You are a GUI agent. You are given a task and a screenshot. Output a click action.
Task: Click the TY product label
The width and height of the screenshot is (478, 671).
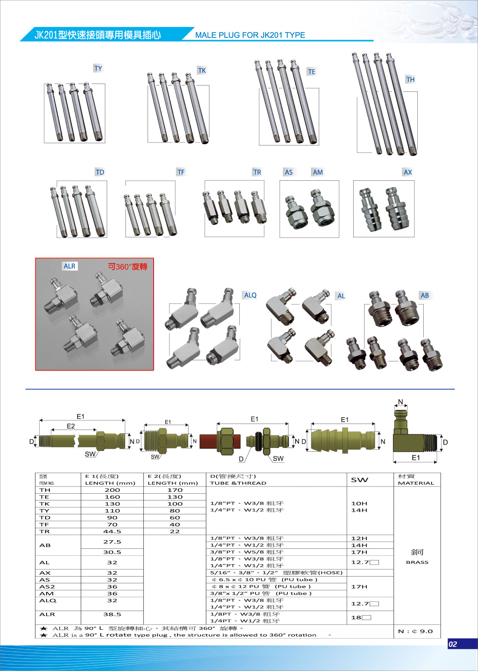tap(98, 68)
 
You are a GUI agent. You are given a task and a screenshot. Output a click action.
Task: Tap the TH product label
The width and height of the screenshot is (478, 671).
tap(411, 79)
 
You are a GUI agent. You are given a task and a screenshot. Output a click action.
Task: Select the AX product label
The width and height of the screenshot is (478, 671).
tap(408, 172)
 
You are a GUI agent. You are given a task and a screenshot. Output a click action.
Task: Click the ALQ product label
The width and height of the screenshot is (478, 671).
tap(250, 295)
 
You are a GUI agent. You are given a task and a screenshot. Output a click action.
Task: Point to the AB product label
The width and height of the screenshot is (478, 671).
tap(424, 295)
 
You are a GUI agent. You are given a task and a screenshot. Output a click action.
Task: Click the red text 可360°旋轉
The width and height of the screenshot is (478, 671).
tap(128, 267)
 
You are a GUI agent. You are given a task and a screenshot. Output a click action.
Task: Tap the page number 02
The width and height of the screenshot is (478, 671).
tap(453, 644)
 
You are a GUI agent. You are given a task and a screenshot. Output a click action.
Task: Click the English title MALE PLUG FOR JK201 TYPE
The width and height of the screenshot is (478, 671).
tap(250, 35)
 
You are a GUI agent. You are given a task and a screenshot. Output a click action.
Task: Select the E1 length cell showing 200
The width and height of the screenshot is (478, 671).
tap(112, 490)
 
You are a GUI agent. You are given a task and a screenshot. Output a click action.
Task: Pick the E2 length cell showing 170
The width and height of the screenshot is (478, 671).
tap(175, 490)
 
